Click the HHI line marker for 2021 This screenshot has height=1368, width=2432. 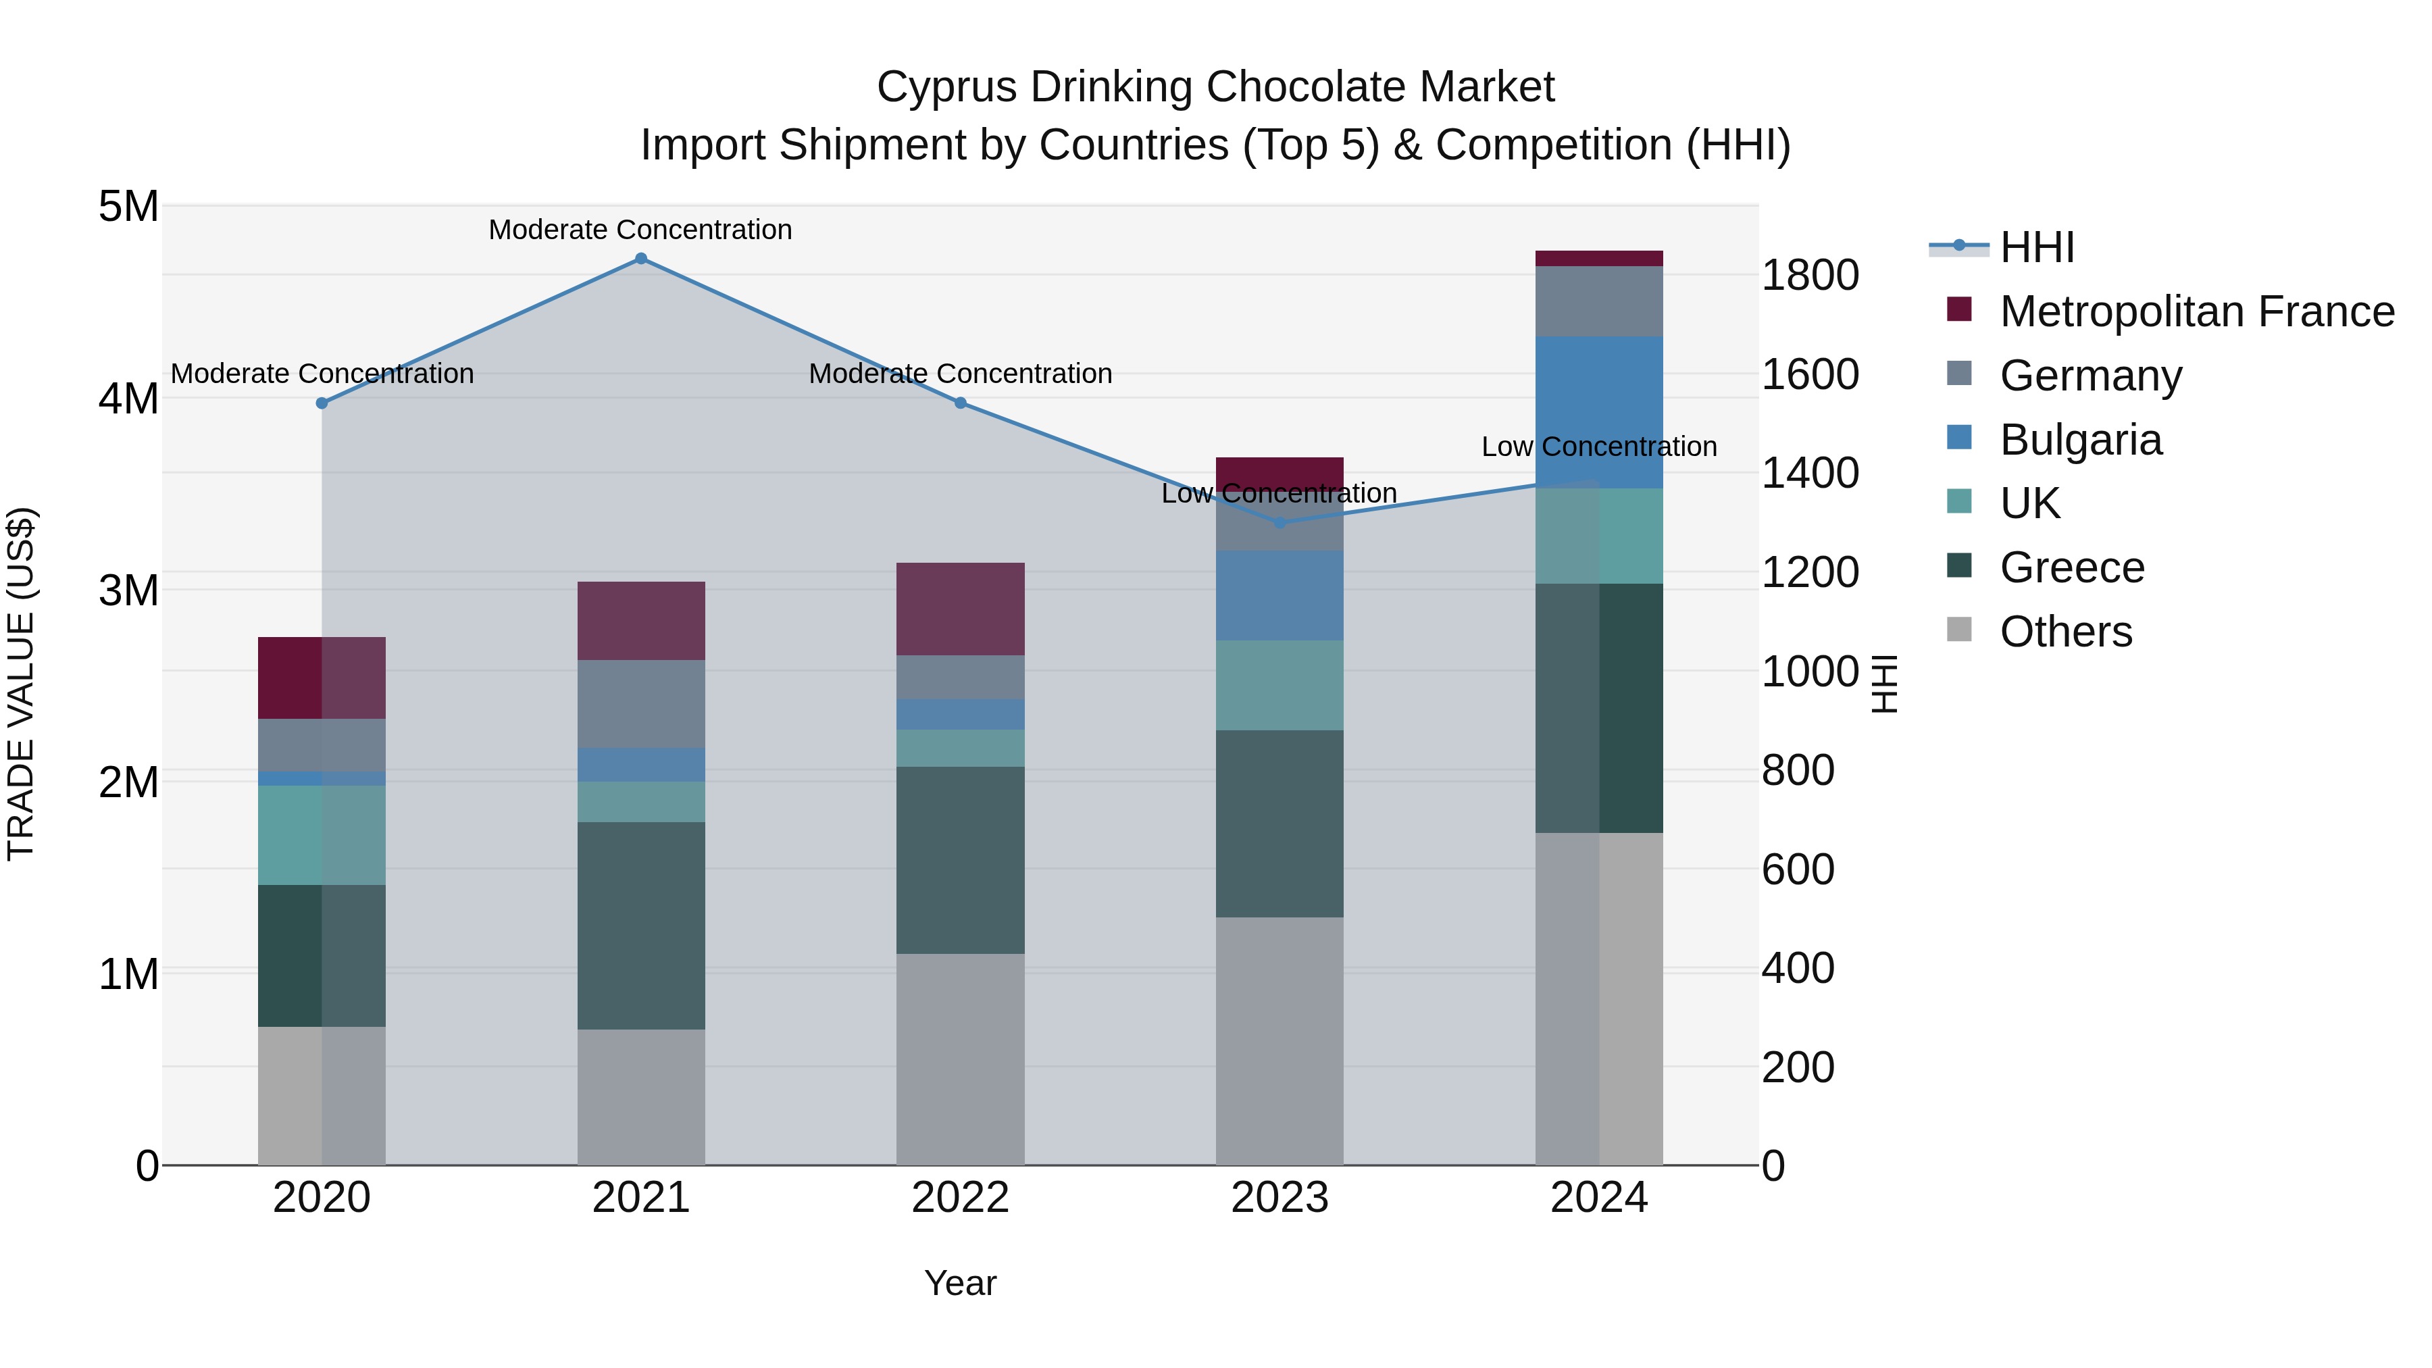(641, 259)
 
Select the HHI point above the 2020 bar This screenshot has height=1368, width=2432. (322, 403)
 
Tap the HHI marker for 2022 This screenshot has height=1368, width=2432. (960, 403)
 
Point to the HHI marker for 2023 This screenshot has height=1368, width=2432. (1280, 522)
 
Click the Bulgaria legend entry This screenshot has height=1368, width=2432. (2080, 440)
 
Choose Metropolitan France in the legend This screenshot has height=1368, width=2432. (2196, 311)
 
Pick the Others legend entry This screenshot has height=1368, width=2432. (2066, 632)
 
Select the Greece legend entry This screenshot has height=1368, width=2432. (2071, 567)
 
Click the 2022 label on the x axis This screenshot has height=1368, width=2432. (960, 1198)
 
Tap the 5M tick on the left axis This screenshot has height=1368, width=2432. (128, 206)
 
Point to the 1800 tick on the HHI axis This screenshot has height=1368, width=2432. (1810, 276)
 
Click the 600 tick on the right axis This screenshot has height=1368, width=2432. (1798, 869)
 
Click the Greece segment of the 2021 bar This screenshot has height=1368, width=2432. (641, 926)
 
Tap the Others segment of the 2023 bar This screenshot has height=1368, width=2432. (1280, 1040)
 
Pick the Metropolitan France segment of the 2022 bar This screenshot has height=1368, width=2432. (960, 609)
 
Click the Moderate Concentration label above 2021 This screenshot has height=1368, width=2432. (640, 230)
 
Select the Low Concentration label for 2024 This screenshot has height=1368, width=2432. (1598, 447)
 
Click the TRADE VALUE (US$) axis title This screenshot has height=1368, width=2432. (21, 684)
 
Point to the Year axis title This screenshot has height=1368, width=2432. (960, 1283)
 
